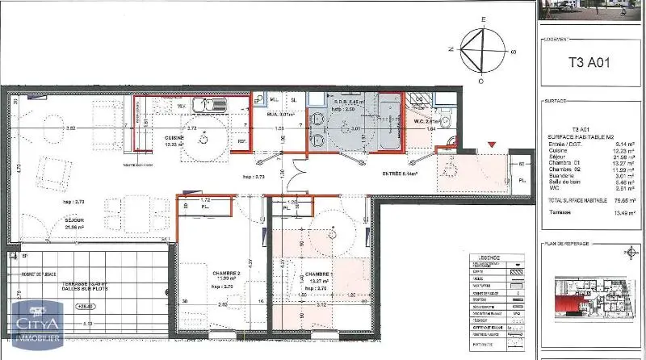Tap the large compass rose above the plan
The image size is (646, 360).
[x=482, y=50]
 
